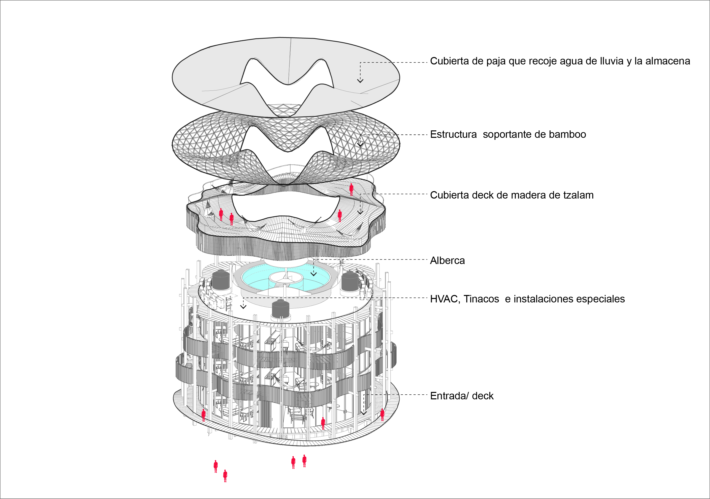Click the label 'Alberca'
(447, 261)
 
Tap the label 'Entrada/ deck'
(462, 396)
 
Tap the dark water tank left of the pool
(221, 280)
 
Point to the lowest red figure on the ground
(225, 476)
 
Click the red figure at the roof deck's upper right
(351, 189)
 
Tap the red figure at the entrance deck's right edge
(382, 415)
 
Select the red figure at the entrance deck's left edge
(203, 415)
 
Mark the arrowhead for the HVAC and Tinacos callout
(243, 307)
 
